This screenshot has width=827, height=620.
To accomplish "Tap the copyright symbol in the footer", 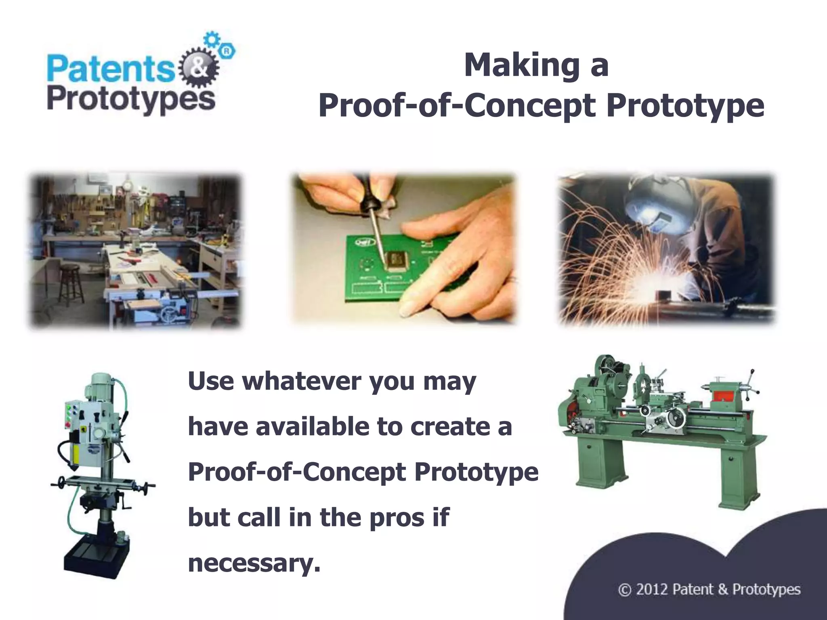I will pyautogui.click(x=624, y=590).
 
